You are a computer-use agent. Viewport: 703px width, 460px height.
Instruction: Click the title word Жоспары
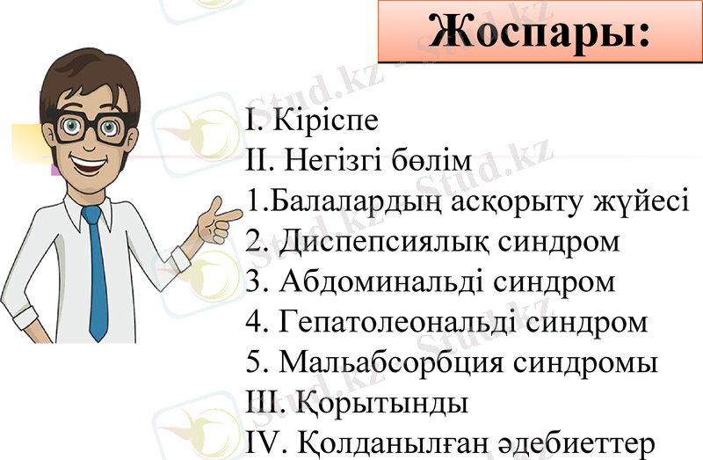538,32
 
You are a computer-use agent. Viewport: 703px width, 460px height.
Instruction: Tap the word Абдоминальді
379,282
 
